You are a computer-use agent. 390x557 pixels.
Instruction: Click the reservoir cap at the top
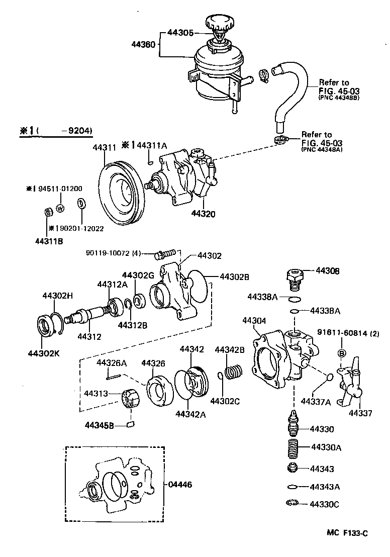click(x=219, y=24)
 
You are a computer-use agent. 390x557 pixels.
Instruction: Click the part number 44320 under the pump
click(x=203, y=214)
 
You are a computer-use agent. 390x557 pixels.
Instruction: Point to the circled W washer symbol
click(x=60, y=208)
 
